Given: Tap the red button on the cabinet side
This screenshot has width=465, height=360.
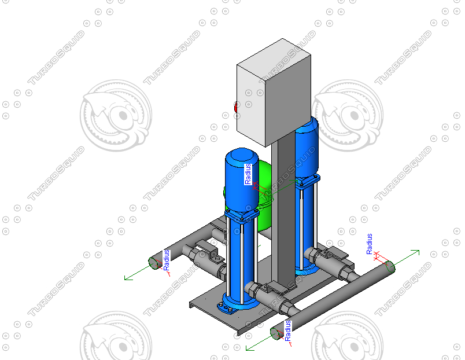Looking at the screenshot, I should click(x=235, y=106).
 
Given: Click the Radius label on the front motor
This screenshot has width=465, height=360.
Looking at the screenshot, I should click(x=248, y=174).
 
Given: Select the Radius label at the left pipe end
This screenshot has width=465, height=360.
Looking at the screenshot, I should click(x=167, y=260).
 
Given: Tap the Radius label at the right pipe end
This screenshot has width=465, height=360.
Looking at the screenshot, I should click(x=370, y=244).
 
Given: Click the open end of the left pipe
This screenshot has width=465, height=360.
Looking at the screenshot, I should click(x=154, y=263).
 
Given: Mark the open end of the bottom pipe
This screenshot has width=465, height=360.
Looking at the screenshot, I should click(x=277, y=333).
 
